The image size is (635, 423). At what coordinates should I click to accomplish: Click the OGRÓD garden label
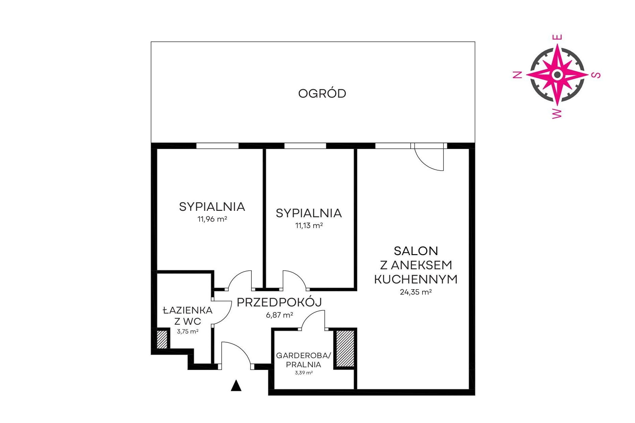pyautogui.click(x=322, y=93)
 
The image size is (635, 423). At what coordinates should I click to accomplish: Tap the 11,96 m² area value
pyautogui.click(x=212, y=219)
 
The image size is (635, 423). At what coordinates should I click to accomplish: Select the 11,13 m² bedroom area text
pyautogui.click(x=309, y=225)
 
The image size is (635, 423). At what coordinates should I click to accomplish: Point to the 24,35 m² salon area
pyautogui.click(x=416, y=292)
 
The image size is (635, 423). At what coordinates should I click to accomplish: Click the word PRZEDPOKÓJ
pyautogui.click(x=279, y=302)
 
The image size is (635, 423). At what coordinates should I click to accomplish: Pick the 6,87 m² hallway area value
pyautogui.click(x=279, y=315)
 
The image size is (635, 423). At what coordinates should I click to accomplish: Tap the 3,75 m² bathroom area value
pyautogui.click(x=187, y=331)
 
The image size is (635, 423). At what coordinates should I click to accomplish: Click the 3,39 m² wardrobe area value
pyautogui.click(x=303, y=373)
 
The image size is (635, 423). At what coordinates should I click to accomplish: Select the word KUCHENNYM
pyautogui.click(x=416, y=279)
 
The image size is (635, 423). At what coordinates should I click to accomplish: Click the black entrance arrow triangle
pyautogui.click(x=236, y=386)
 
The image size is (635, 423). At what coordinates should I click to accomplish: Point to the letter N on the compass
pyautogui.click(x=518, y=75)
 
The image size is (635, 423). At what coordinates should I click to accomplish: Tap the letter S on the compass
pyautogui.click(x=597, y=75)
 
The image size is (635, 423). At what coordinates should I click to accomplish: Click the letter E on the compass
pyautogui.click(x=557, y=37)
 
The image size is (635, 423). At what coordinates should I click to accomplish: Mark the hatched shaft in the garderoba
pyautogui.click(x=345, y=348)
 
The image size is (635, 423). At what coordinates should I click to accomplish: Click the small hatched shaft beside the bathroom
pyautogui.click(x=162, y=339)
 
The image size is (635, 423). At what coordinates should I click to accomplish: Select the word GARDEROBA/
pyautogui.click(x=303, y=355)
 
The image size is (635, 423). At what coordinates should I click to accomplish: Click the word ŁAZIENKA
pyautogui.click(x=187, y=310)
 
